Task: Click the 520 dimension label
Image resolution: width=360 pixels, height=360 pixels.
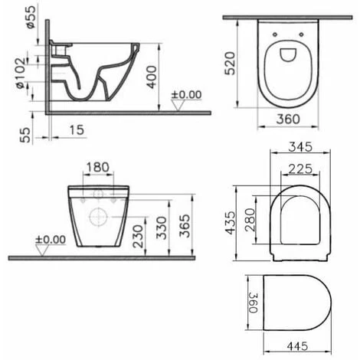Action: point(230,64)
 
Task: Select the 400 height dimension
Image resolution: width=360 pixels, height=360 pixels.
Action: point(152,77)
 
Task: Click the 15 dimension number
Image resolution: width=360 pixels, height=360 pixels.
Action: point(77,130)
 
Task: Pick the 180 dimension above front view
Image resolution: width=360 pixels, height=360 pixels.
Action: point(98,168)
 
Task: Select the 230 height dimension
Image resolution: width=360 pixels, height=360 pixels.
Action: point(138,237)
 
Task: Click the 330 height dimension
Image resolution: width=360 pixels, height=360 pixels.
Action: point(162,228)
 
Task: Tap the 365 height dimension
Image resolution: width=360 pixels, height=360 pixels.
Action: point(185,226)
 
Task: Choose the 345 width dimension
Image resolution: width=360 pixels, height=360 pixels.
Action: point(300,147)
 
